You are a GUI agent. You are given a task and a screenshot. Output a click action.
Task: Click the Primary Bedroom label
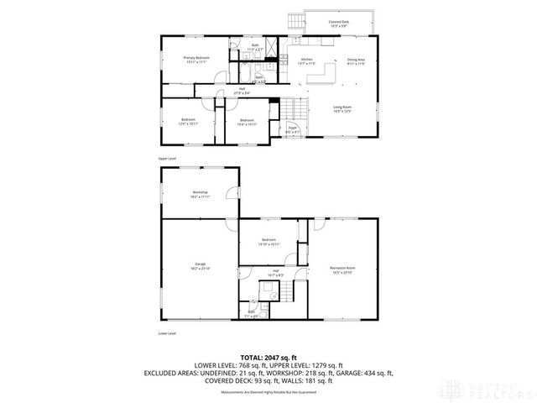pos(196,59)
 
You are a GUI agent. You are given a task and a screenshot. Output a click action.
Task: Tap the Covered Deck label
pos(339,25)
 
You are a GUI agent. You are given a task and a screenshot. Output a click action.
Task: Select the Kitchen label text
pos(307,60)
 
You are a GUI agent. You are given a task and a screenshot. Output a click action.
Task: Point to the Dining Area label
pos(355,60)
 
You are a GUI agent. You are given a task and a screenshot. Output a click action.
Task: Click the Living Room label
pos(341,108)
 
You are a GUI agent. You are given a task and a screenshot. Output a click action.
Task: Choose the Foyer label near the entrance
pos(292,130)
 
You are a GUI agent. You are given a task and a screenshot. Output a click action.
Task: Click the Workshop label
pos(200,194)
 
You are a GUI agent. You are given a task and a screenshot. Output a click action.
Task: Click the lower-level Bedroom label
pos(268,242)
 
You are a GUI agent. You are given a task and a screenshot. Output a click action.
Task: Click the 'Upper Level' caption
pos(167,158)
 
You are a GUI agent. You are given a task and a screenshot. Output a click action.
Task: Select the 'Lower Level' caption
pos(167,333)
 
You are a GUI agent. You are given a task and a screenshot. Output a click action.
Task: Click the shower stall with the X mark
pos(274,46)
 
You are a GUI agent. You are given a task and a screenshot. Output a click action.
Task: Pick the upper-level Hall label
pos(242,91)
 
